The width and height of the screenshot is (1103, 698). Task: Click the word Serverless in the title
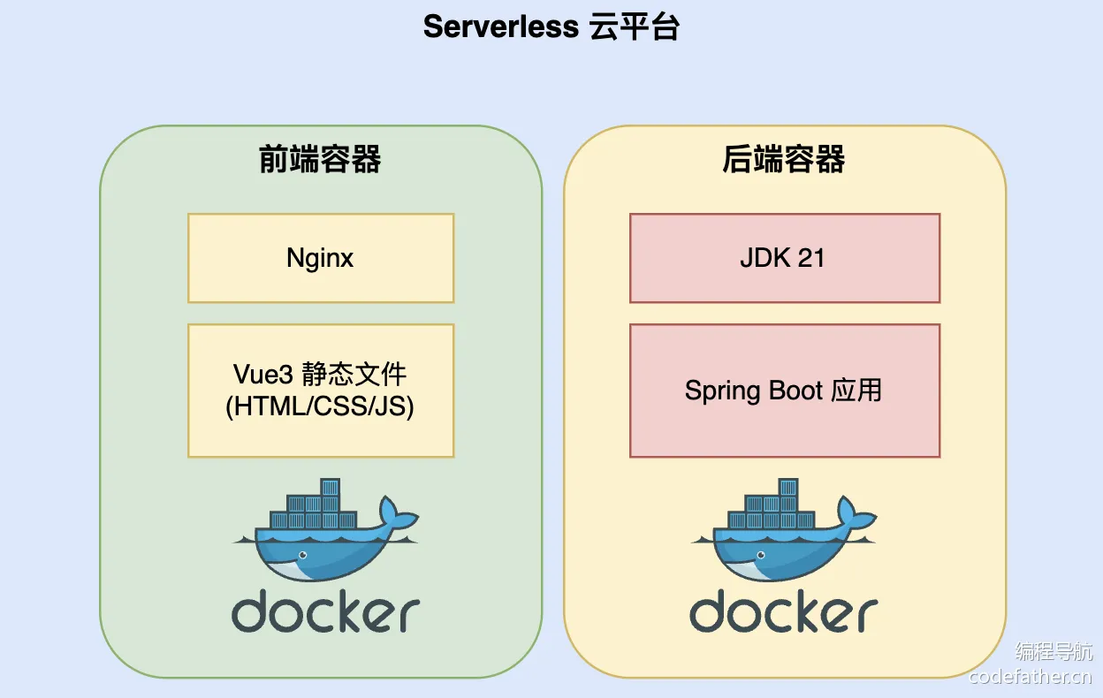[x=501, y=27]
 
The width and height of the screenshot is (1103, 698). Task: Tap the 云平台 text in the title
[x=635, y=27]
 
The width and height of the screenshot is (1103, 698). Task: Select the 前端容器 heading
[x=320, y=159]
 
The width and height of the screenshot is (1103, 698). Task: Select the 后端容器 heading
[x=784, y=159]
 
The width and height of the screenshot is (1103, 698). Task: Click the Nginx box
[x=321, y=258]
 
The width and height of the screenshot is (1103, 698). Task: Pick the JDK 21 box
[x=785, y=258]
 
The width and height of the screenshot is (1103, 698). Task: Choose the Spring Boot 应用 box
[x=785, y=391]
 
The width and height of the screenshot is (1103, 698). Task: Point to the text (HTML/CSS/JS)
[x=320, y=406]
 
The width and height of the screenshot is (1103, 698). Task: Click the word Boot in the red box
[x=795, y=391]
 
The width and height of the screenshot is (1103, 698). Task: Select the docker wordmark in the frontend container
[x=325, y=611]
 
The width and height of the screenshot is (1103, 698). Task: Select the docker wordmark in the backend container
[x=783, y=611]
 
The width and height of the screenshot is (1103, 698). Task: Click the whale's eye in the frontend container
[x=303, y=555]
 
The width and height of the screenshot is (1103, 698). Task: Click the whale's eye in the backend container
[x=761, y=555]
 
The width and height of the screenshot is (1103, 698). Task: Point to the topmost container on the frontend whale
[x=330, y=487]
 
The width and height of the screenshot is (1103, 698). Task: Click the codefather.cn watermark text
[x=1030, y=677]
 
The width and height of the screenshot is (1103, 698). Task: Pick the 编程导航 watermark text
[x=1054, y=651]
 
